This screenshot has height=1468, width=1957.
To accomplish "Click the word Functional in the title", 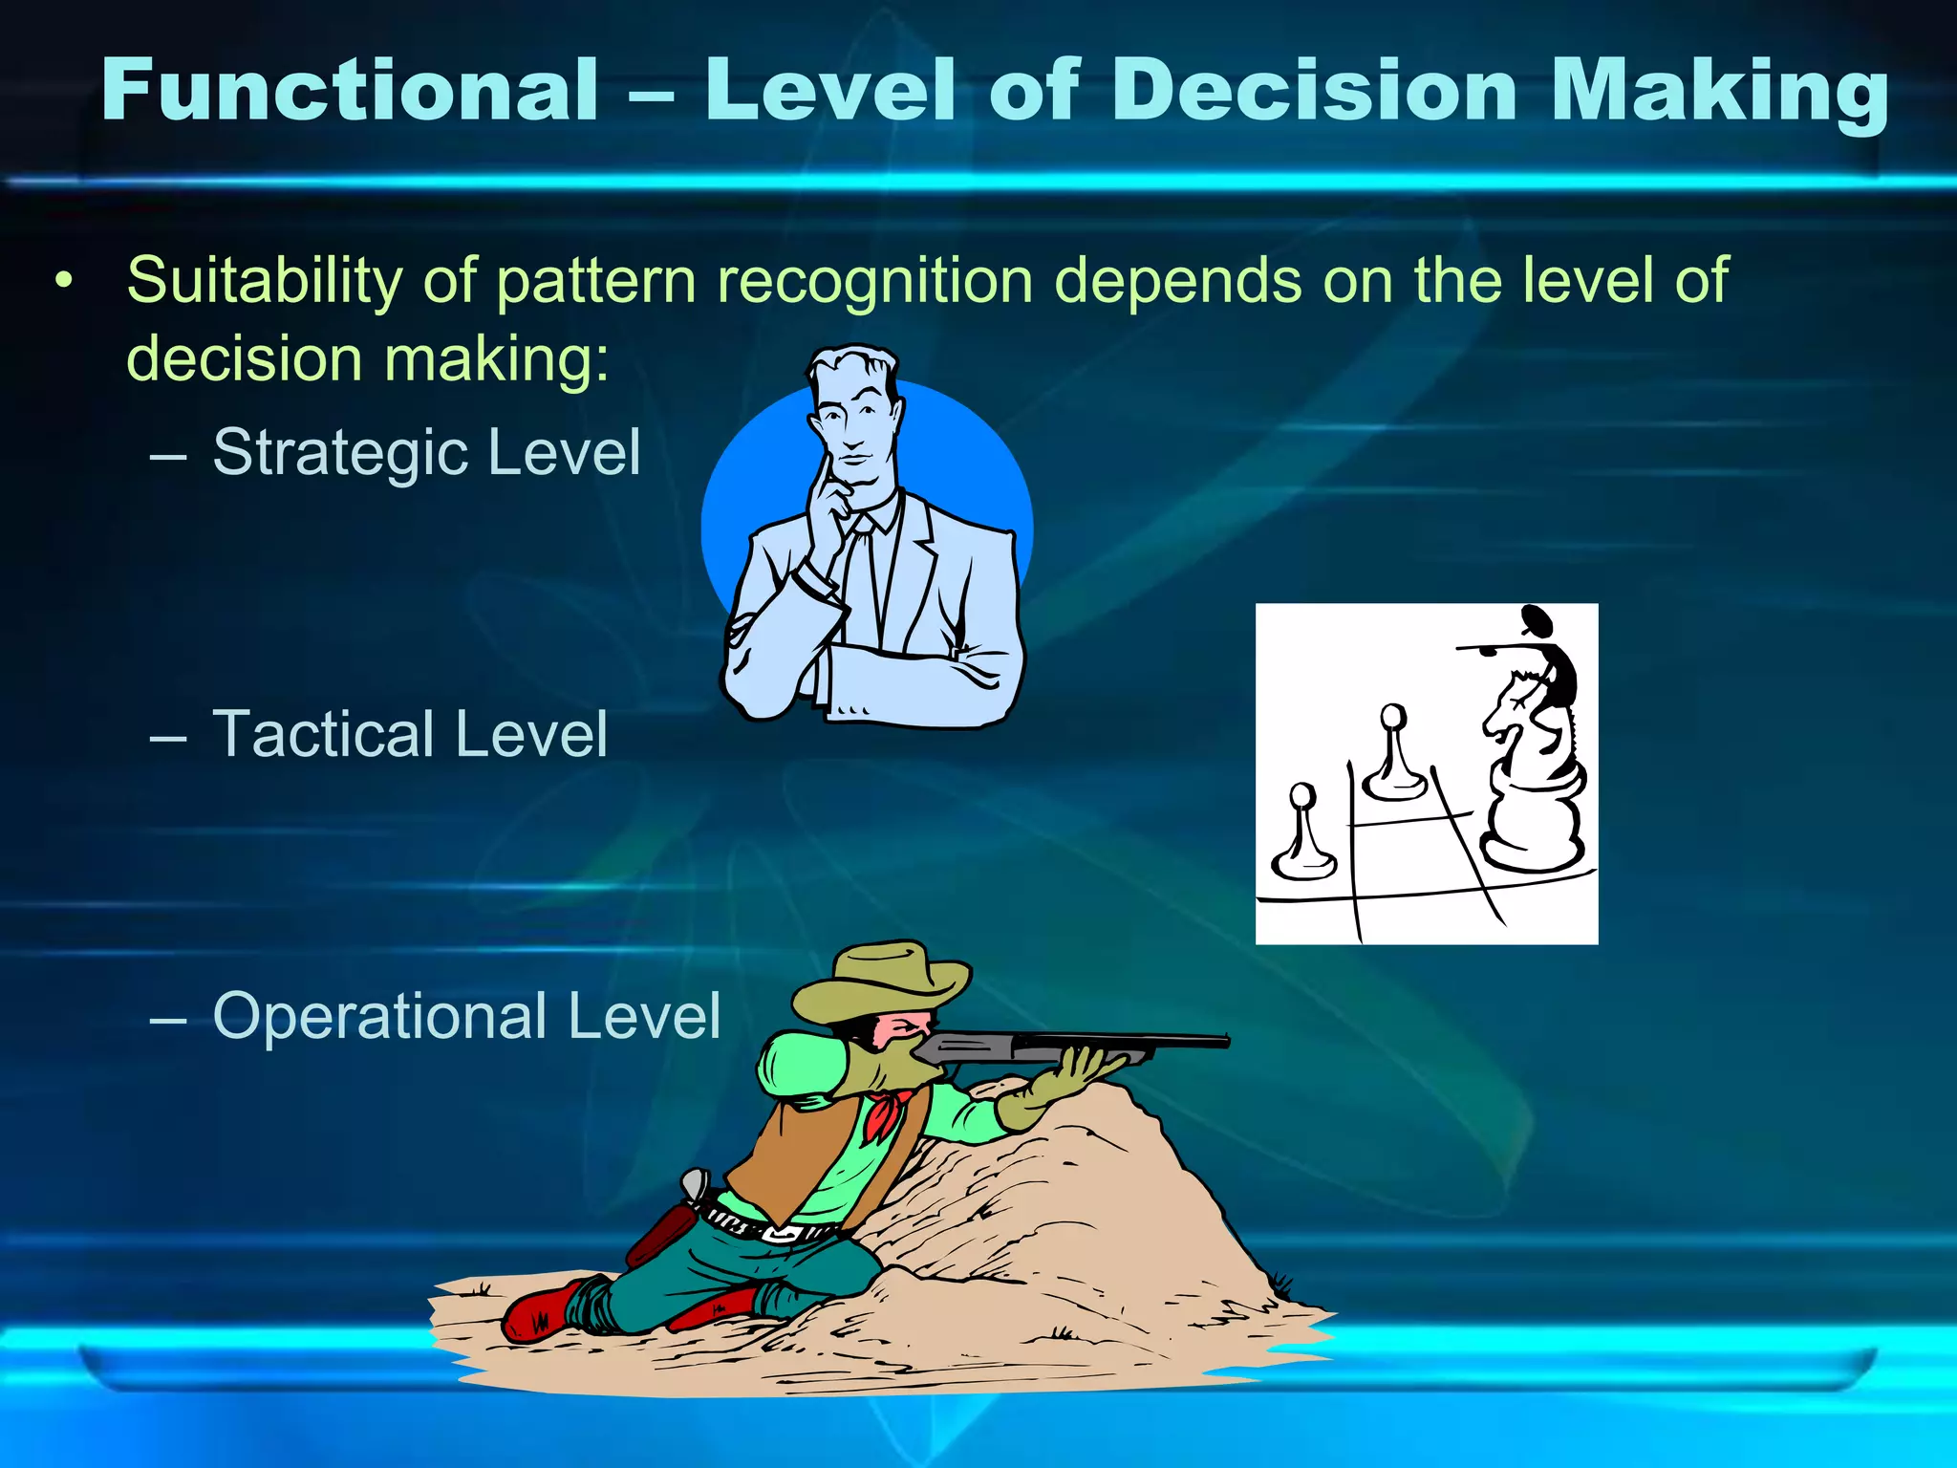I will click(350, 90).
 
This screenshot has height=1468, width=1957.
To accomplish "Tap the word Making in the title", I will click(1718, 92).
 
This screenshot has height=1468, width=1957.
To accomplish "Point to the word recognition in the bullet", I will click(875, 282).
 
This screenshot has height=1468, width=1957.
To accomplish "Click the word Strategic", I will click(339, 452).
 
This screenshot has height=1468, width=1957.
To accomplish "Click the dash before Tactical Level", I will click(168, 737).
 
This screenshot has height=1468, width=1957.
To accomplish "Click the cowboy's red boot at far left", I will click(540, 1310).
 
